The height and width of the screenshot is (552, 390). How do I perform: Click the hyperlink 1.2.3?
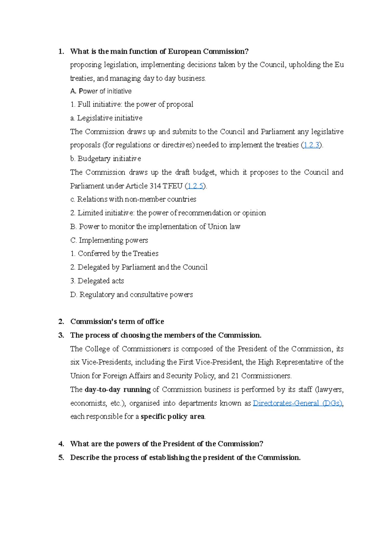pyautogui.click(x=311, y=145)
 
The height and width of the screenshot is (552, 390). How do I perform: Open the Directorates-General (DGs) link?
pyautogui.click(x=297, y=403)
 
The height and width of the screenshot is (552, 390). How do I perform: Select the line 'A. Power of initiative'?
pyautogui.click(x=101, y=91)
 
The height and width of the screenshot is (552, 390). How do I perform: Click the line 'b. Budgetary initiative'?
pyautogui.click(x=105, y=159)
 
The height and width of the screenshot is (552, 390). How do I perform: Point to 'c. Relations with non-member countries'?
pyautogui.click(x=133, y=199)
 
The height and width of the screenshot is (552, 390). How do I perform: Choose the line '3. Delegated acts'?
pyautogui.click(x=97, y=281)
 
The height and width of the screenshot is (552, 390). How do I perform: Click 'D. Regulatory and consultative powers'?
pyautogui.click(x=131, y=295)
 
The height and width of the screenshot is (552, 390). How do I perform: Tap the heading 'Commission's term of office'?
pyautogui.click(x=117, y=322)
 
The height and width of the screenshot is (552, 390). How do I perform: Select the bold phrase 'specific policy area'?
pyautogui.click(x=172, y=417)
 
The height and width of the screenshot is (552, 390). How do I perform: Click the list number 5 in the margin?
pyautogui.click(x=61, y=458)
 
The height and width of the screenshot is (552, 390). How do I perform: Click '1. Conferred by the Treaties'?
pyautogui.click(x=114, y=254)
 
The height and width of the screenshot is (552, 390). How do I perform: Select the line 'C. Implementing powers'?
pyautogui.click(x=109, y=240)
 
